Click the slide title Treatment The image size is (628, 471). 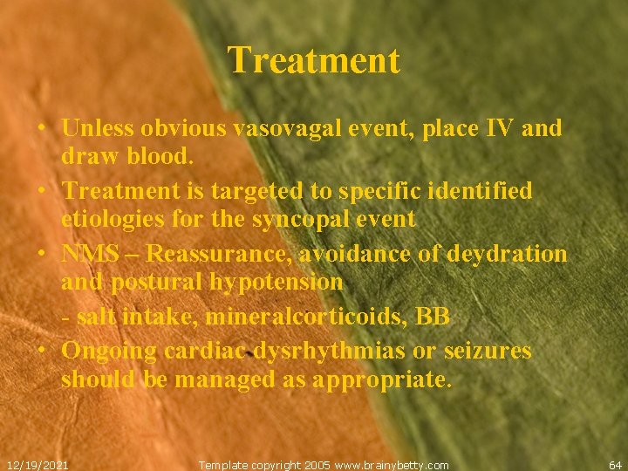coord(314,60)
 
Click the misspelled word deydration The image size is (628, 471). coord(507,254)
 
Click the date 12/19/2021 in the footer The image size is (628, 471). coord(38,465)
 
